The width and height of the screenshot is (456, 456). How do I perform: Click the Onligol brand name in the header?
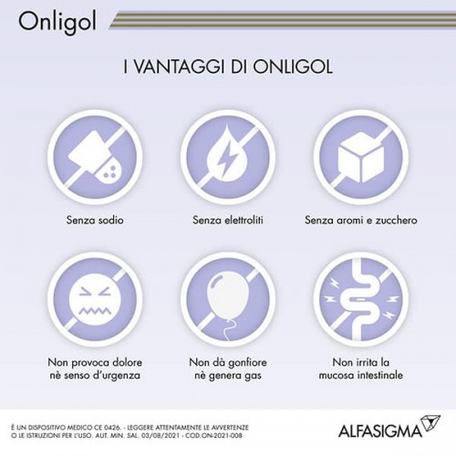tap(57, 22)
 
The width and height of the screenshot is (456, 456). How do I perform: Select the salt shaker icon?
tap(95, 157)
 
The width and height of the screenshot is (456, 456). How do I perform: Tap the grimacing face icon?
tap(93, 300)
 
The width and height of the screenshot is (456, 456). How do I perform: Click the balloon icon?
tap(228, 304)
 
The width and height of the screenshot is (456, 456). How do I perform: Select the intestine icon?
tap(361, 301)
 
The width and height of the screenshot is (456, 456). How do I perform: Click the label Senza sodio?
tap(95, 220)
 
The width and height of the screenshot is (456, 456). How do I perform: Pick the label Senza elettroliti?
tap(228, 220)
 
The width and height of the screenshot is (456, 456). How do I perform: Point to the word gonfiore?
tap(247, 362)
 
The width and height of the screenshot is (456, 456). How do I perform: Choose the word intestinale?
tap(379, 375)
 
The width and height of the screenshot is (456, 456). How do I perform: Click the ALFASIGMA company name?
tap(380, 431)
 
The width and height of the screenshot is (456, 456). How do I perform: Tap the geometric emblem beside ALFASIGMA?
tap(430, 423)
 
